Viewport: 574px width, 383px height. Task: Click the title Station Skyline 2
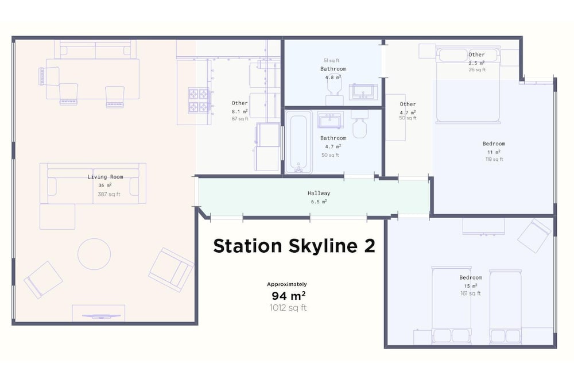(294, 246)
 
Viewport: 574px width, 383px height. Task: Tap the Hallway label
(319, 193)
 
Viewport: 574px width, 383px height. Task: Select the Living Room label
(105, 177)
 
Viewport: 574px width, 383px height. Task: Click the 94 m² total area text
(289, 296)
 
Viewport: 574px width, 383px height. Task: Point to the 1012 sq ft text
(288, 308)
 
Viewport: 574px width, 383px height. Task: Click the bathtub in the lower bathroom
(298, 141)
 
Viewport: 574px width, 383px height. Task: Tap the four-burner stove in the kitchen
(199, 100)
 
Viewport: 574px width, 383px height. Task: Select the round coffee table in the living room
(94, 254)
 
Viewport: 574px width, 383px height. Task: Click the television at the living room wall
(101, 316)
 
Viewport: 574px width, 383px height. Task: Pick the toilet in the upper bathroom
(335, 90)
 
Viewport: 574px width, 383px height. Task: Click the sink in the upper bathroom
(363, 91)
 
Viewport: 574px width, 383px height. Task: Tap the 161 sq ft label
(471, 293)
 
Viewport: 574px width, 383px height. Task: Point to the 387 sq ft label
(109, 195)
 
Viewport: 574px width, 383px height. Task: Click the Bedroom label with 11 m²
(494, 144)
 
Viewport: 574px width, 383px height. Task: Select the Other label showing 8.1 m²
(239, 103)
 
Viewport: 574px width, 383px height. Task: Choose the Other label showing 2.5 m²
(476, 55)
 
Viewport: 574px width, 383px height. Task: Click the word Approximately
(286, 284)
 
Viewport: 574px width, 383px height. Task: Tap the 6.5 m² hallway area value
(319, 202)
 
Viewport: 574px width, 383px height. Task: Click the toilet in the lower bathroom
(359, 124)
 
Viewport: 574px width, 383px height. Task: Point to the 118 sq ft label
(494, 159)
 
